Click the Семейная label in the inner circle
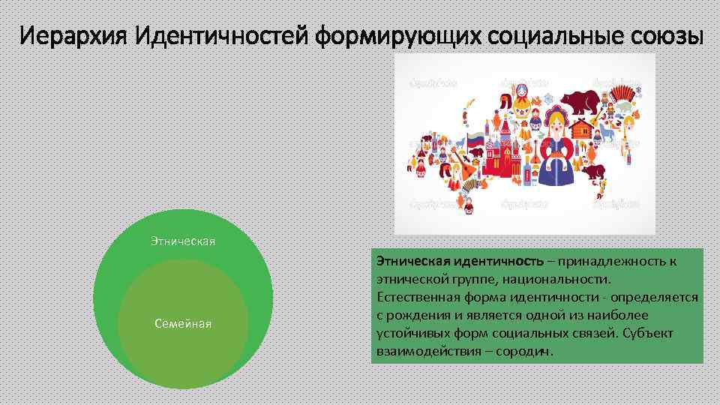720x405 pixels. pyautogui.click(x=182, y=323)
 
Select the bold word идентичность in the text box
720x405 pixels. pyautogui.click(x=499, y=261)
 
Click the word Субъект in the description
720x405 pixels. pyautogui.click(x=646, y=333)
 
